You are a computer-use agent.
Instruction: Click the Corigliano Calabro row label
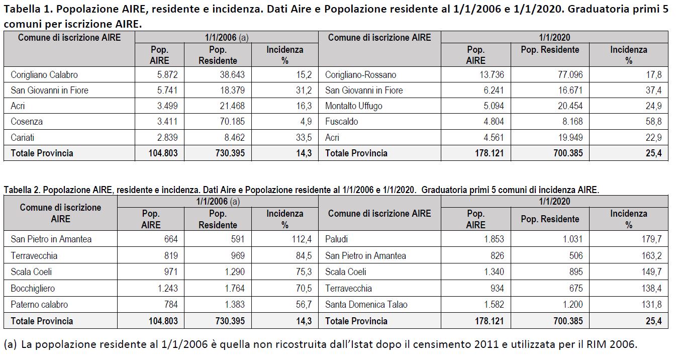click(x=44, y=75)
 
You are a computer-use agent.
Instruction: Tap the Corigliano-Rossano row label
click(x=360, y=75)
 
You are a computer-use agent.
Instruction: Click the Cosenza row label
click(x=27, y=122)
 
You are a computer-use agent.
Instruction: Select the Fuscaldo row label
click(x=341, y=122)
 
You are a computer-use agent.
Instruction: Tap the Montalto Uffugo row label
click(x=353, y=106)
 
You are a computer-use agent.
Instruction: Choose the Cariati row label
click(x=23, y=137)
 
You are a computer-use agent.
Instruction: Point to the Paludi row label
click(x=336, y=239)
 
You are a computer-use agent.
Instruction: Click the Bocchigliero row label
click(x=33, y=289)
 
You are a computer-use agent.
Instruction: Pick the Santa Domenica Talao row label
click(x=366, y=305)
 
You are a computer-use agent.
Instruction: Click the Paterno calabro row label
click(x=39, y=305)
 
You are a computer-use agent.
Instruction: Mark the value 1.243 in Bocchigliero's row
click(x=164, y=289)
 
